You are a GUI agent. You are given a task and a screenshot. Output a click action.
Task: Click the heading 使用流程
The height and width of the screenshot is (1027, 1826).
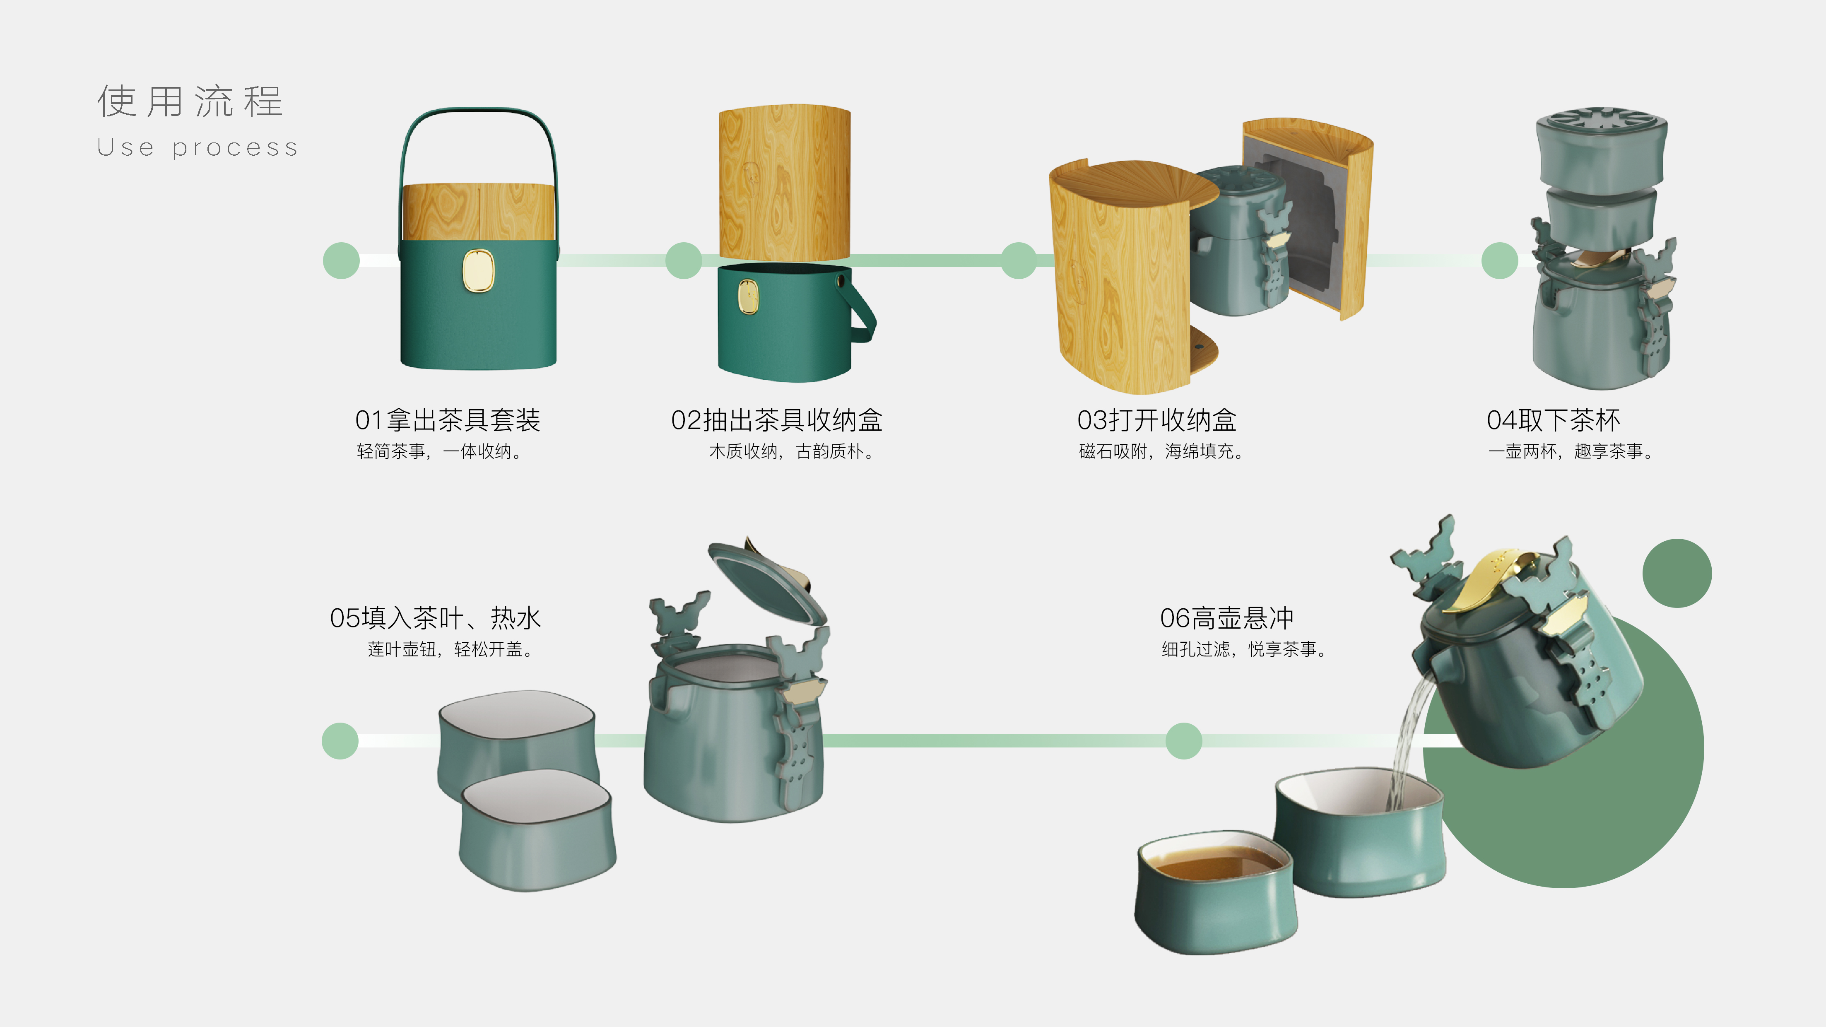[190, 101]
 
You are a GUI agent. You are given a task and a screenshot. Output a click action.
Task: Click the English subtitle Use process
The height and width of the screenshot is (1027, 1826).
[197, 147]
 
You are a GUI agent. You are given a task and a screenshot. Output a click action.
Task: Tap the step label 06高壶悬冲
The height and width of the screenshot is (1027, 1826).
[1226, 618]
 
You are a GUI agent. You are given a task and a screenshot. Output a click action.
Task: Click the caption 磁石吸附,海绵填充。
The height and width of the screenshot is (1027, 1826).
[1160, 451]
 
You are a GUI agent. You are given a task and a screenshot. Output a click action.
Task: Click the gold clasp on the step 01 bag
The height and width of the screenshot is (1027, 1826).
[478, 270]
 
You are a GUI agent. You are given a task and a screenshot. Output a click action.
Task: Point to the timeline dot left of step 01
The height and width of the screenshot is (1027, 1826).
[341, 261]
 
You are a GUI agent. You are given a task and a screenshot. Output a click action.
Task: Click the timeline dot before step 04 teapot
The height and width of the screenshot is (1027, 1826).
[1499, 261]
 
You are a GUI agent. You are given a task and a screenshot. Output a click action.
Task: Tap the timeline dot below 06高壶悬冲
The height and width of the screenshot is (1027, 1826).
[1183, 741]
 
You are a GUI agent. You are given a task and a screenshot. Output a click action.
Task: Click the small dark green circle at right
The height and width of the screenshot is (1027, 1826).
[1677, 573]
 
